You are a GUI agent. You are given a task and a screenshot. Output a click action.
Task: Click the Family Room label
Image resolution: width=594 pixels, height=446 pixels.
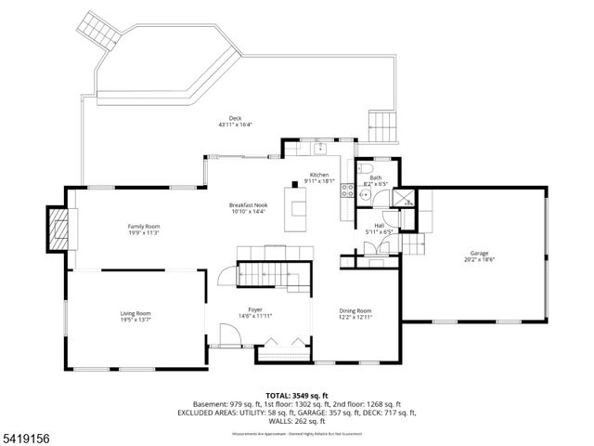coord(144,226)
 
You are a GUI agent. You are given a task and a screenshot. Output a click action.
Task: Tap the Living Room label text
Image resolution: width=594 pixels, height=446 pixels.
coord(136,313)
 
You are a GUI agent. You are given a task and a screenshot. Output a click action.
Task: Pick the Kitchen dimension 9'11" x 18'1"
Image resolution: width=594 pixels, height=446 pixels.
coord(319,181)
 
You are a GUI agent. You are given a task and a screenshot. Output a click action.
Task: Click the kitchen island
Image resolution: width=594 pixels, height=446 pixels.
coord(298,208)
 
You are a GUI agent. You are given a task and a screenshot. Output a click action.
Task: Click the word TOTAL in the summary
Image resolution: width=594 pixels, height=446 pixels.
coord(281,394)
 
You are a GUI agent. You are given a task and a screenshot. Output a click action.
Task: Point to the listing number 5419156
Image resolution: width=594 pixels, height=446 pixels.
coord(28,432)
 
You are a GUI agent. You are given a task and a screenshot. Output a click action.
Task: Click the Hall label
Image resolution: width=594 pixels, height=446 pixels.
coord(379,225)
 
